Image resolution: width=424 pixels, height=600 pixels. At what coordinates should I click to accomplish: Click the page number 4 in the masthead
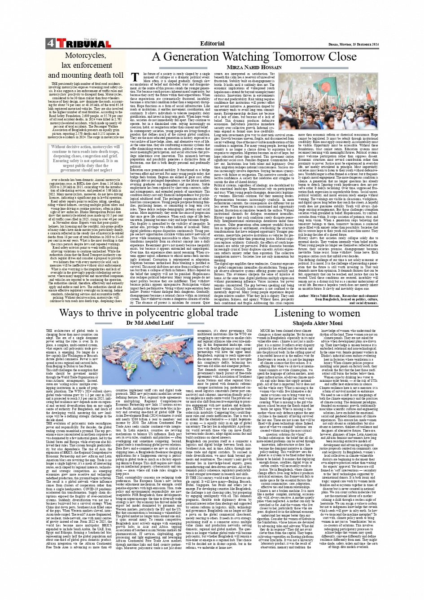point(50,43)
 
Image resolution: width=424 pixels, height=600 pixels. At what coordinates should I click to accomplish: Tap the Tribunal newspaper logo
point(83,44)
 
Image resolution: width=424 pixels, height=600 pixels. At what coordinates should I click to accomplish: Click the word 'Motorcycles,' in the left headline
point(86,56)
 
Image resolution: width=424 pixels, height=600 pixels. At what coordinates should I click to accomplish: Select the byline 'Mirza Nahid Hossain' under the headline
point(254,67)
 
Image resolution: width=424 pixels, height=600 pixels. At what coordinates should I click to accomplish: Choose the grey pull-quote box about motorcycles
point(85,158)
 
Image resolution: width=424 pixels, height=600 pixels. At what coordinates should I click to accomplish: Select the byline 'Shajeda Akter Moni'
point(317,323)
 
